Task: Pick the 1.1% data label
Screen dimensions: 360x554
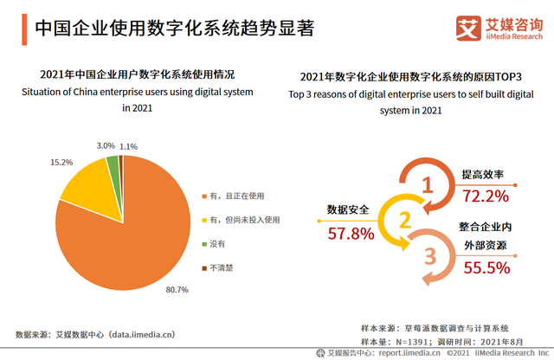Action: click(129, 146)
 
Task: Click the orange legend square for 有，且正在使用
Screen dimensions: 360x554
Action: click(203, 196)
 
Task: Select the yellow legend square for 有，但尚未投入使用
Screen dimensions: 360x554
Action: click(203, 220)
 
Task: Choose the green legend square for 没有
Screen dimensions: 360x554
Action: click(203, 244)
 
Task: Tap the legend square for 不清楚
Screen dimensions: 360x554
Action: click(203, 268)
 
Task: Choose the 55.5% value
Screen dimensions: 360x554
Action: click(486, 268)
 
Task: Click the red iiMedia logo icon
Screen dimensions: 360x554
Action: click(468, 29)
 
